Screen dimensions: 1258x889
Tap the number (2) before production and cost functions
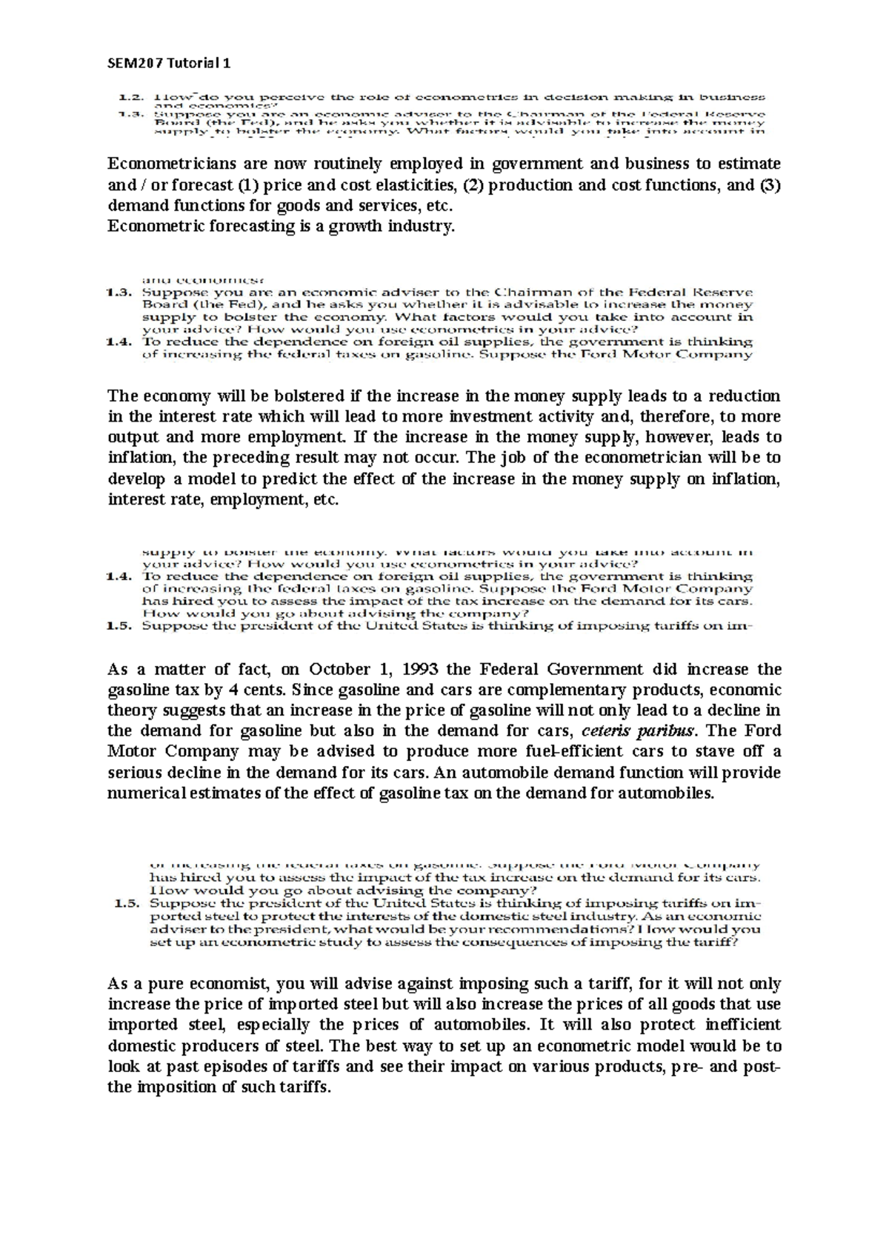click(x=475, y=184)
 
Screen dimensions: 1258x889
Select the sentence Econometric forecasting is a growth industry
click(x=280, y=226)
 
